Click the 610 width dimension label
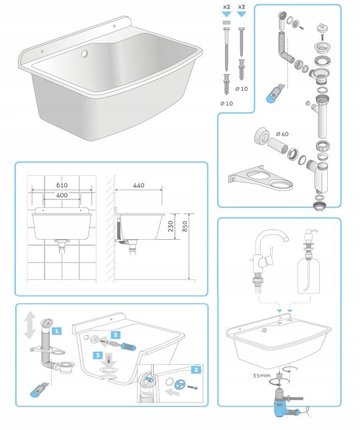pyautogui.click(x=62, y=185)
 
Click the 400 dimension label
pyautogui.click(x=62, y=195)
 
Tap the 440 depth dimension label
pyautogui.click(x=139, y=185)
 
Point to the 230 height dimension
pyautogui.click(x=171, y=226)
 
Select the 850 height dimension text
pyautogui.click(x=185, y=226)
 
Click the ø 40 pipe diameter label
pyautogui.click(x=283, y=134)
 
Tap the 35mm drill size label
pyautogui.click(x=262, y=376)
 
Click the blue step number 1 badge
pyautogui.click(x=57, y=331)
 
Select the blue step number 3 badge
pyautogui.click(x=98, y=356)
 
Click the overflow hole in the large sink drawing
pyautogui.click(x=84, y=54)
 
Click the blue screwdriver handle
pyautogui.click(x=128, y=346)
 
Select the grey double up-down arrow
pyautogui.click(x=29, y=325)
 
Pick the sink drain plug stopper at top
pyautogui.click(x=320, y=29)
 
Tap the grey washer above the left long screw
pyautogui.click(x=226, y=23)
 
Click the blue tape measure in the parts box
pyautogui.click(x=274, y=94)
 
